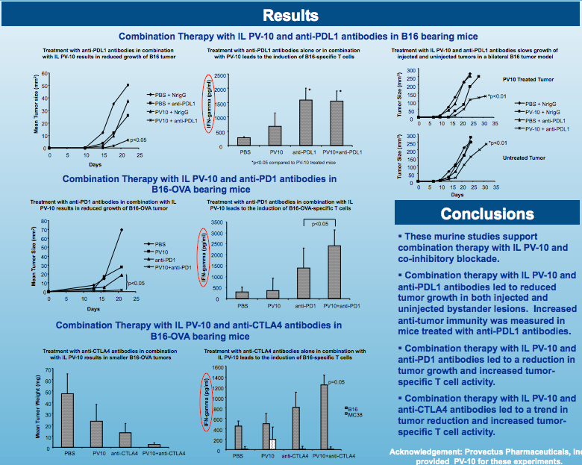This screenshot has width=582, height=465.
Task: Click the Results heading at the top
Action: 290,16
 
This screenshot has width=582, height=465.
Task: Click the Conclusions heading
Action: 487,214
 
